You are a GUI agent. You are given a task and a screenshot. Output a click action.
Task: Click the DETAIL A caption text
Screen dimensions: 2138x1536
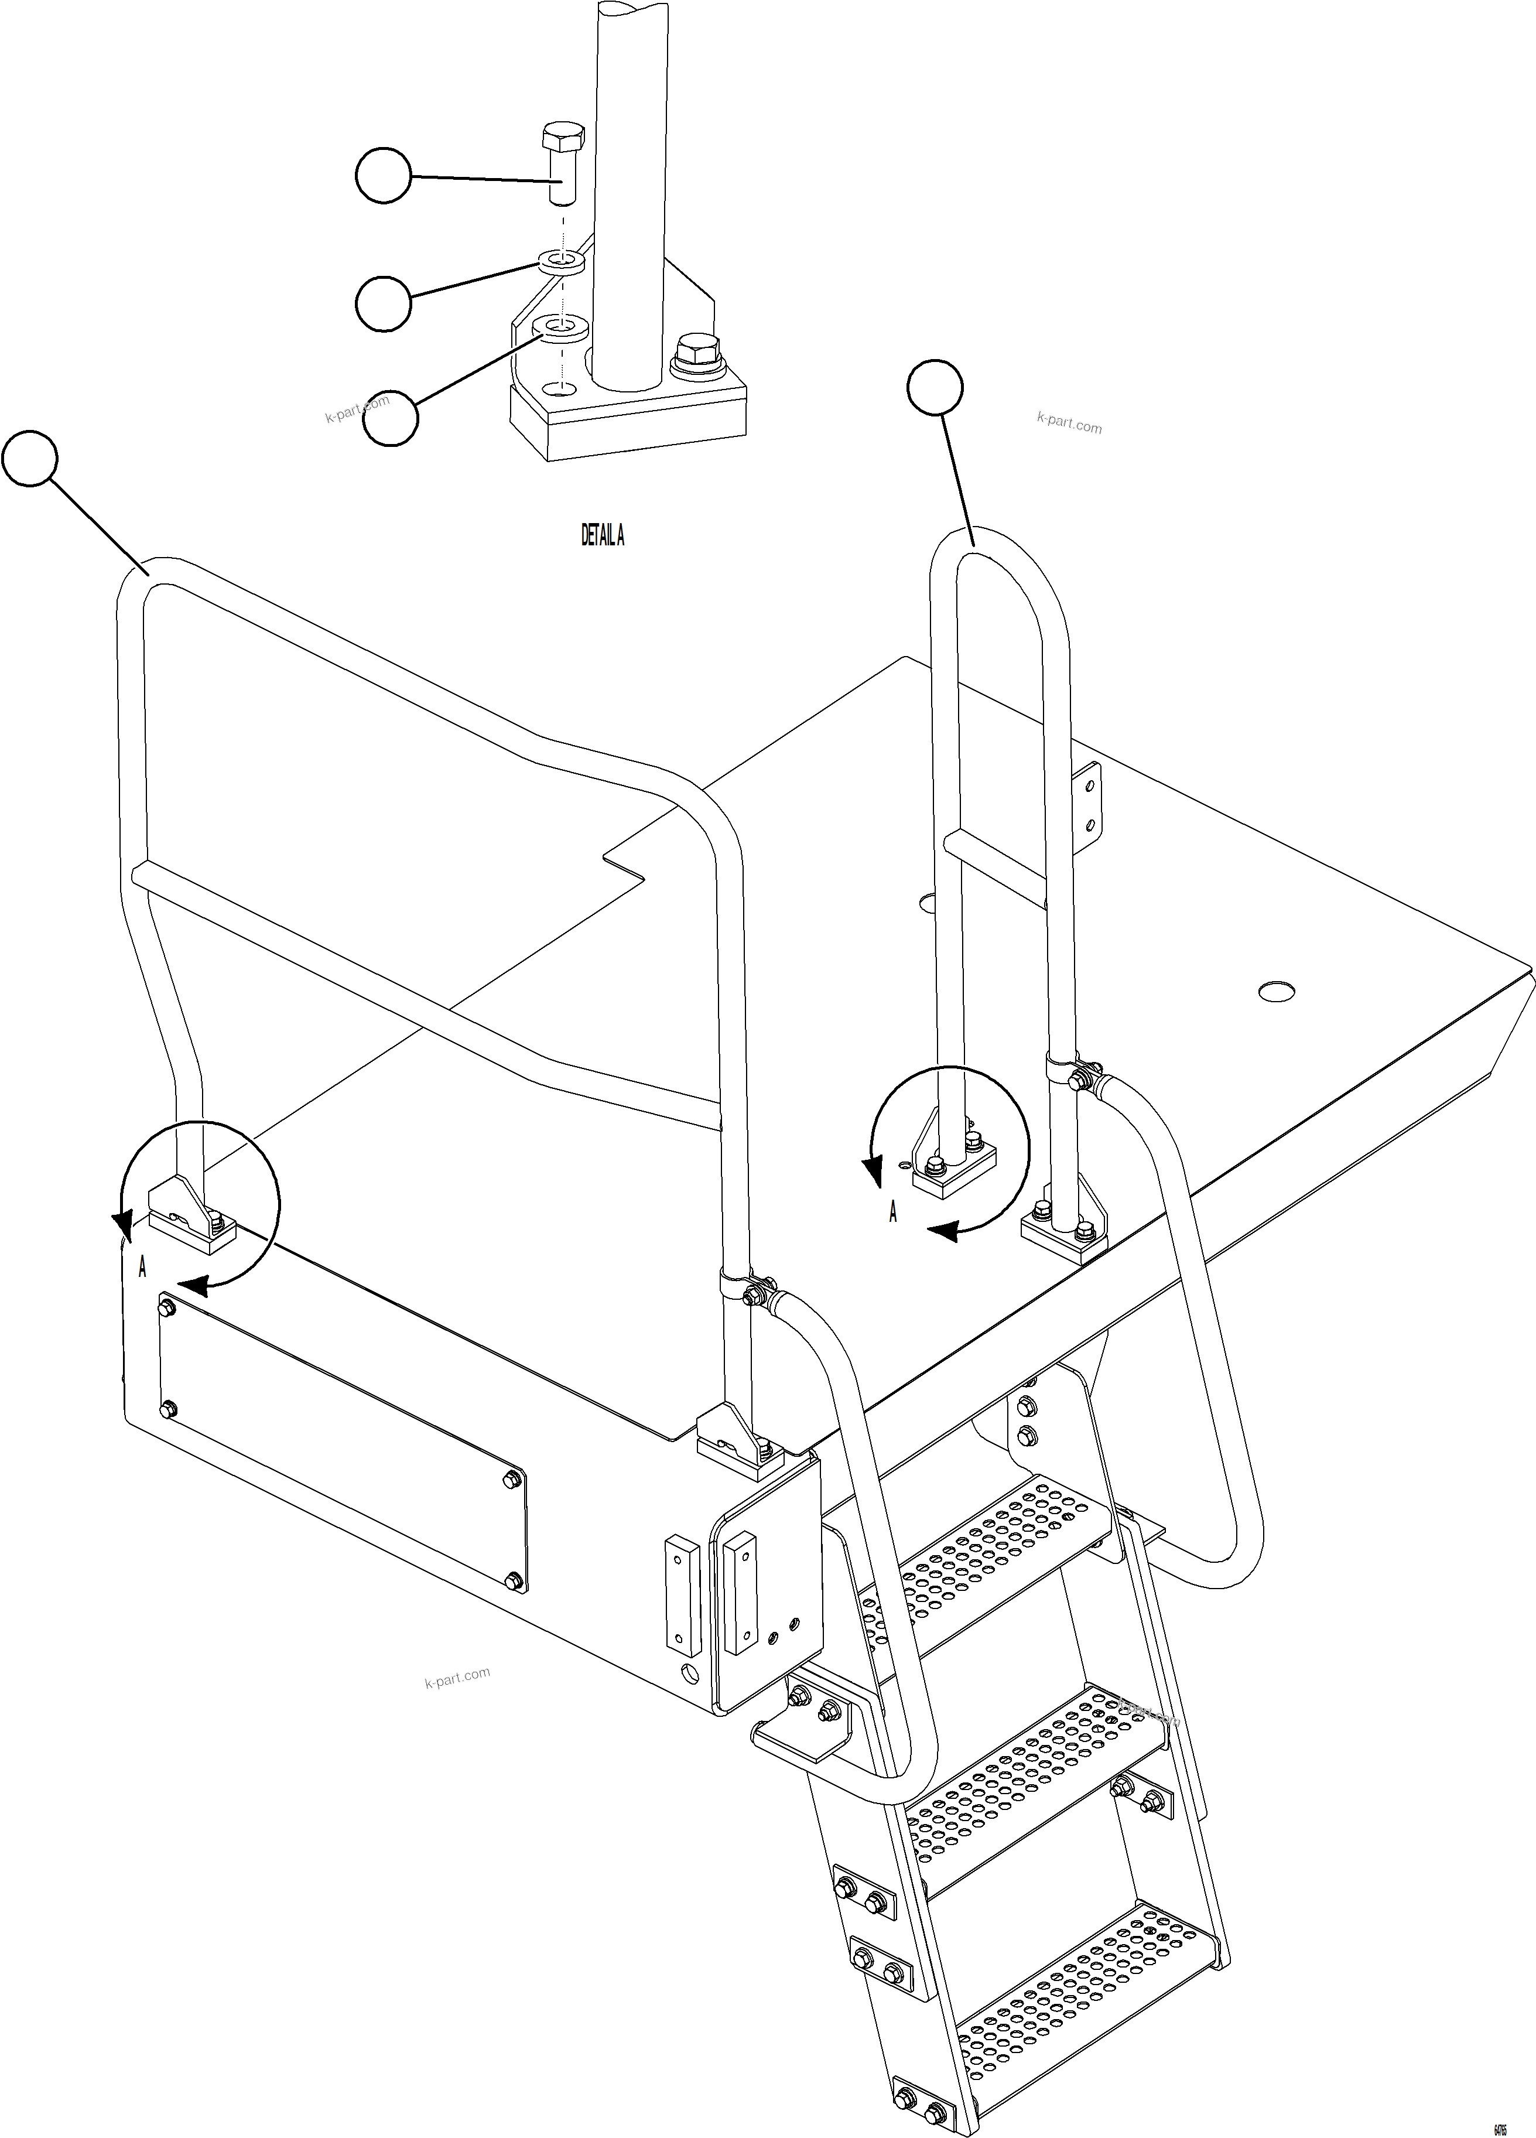tap(602, 535)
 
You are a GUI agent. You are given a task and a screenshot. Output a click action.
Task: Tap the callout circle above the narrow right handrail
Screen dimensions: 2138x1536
tap(934, 387)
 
